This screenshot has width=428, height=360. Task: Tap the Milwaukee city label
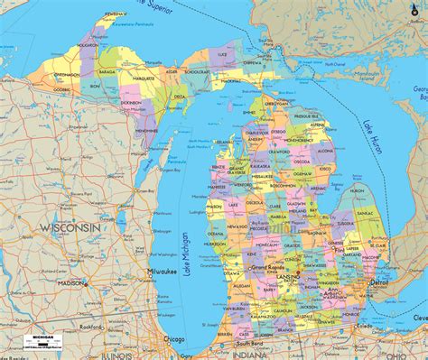[163, 271]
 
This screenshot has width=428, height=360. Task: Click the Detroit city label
[379, 282]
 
